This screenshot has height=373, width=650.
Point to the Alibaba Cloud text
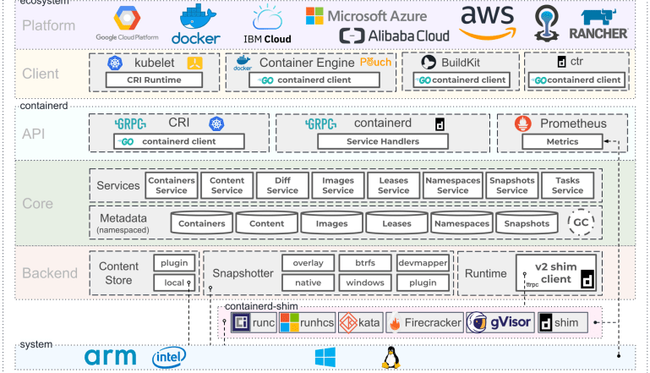[395, 36]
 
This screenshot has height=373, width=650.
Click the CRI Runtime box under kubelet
[155, 80]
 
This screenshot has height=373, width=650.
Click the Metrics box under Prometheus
[550, 141]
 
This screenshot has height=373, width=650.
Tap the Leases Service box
[393, 185]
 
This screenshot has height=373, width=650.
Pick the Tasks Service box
[567, 185]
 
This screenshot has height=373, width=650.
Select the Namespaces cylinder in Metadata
[461, 223]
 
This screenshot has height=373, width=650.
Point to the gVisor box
[500, 322]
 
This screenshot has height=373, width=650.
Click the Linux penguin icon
[390, 358]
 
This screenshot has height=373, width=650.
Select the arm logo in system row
[110, 358]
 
